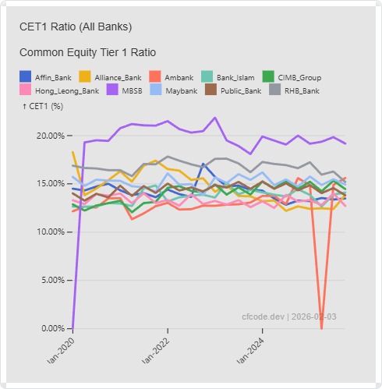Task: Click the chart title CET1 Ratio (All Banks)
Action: click(76, 27)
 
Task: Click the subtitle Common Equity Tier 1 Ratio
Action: click(87, 52)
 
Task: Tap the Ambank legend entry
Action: click(172, 77)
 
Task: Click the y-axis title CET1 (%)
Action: click(44, 106)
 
